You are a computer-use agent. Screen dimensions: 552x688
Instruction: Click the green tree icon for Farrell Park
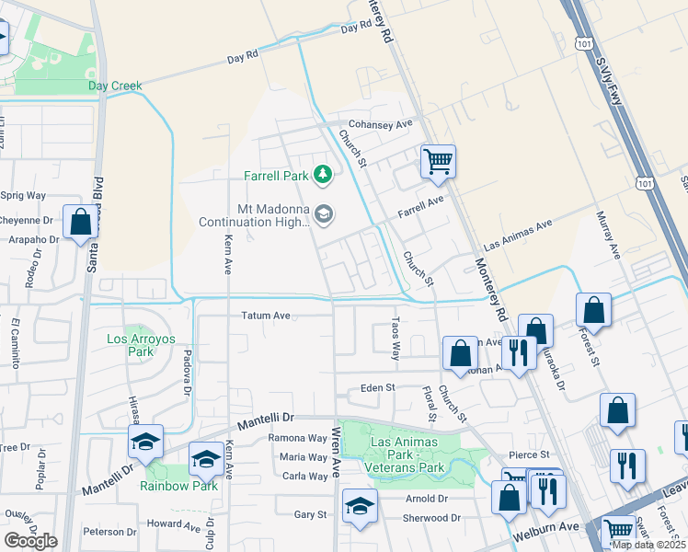click(x=322, y=174)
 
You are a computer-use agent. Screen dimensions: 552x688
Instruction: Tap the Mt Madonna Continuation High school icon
click(x=323, y=214)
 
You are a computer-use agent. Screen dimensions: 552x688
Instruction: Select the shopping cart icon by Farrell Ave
click(x=439, y=162)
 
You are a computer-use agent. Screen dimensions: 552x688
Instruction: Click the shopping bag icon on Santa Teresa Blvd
click(x=80, y=223)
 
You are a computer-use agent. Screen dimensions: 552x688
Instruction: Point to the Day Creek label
click(x=115, y=86)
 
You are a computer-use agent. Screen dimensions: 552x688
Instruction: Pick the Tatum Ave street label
click(x=266, y=316)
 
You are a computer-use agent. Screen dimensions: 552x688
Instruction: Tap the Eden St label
click(x=377, y=388)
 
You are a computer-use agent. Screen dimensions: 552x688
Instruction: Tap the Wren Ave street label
click(x=337, y=451)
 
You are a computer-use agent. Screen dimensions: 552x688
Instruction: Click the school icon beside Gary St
click(x=360, y=505)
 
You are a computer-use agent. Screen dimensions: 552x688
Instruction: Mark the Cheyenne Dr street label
click(x=28, y=221)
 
